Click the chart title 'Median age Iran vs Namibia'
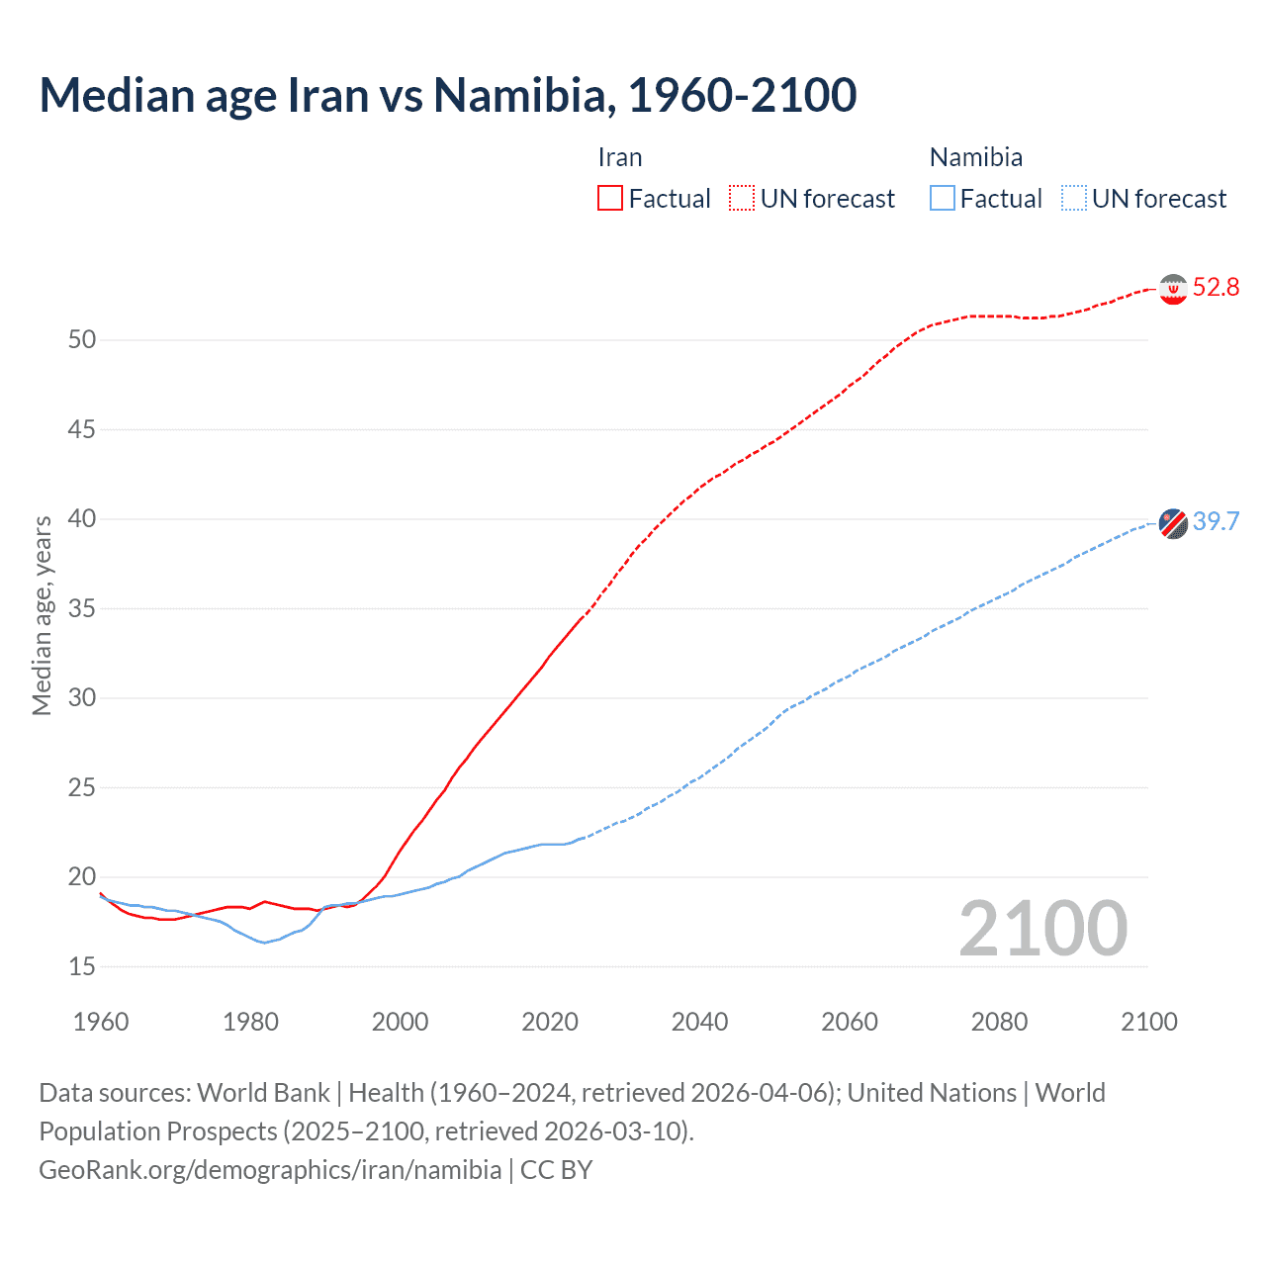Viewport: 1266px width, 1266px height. click(x=447, y=96)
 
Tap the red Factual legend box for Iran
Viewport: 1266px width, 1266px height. click(x=610, y=199)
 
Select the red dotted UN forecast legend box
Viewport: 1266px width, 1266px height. click(x=742, y=199)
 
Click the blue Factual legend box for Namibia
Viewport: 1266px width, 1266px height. click(x=942, y=199)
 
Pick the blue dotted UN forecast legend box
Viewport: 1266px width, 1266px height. click(x=1073, y=199)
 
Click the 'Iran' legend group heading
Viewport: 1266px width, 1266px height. click(x=620, y=157)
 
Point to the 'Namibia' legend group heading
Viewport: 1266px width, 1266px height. click(x=975, y=157)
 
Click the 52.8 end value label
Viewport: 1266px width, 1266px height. click(x=1216, y=288)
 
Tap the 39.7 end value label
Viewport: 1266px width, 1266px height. click(x=1216, y=521)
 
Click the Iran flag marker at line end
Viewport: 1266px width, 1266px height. click(x=1173, y=289)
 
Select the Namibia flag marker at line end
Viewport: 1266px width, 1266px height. click(x=1173, y=522)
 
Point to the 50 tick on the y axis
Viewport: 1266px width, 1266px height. click(x=82, y=340)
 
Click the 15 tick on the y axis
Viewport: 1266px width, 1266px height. click(x=82, y=966)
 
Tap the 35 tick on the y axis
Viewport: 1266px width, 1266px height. click(x=82, y=608)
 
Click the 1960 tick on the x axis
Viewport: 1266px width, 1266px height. click(x=101, y=1022)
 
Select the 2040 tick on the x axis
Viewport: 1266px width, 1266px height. click(x=699, y=1022)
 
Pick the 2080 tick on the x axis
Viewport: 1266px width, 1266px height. click(x=999, y=1022)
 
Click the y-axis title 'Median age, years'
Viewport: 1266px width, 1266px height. click(x=42, y=615)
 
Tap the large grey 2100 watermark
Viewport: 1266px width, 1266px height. click(x=1042, y=929)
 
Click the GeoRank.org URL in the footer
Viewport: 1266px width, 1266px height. click(x=270, y=1170)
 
